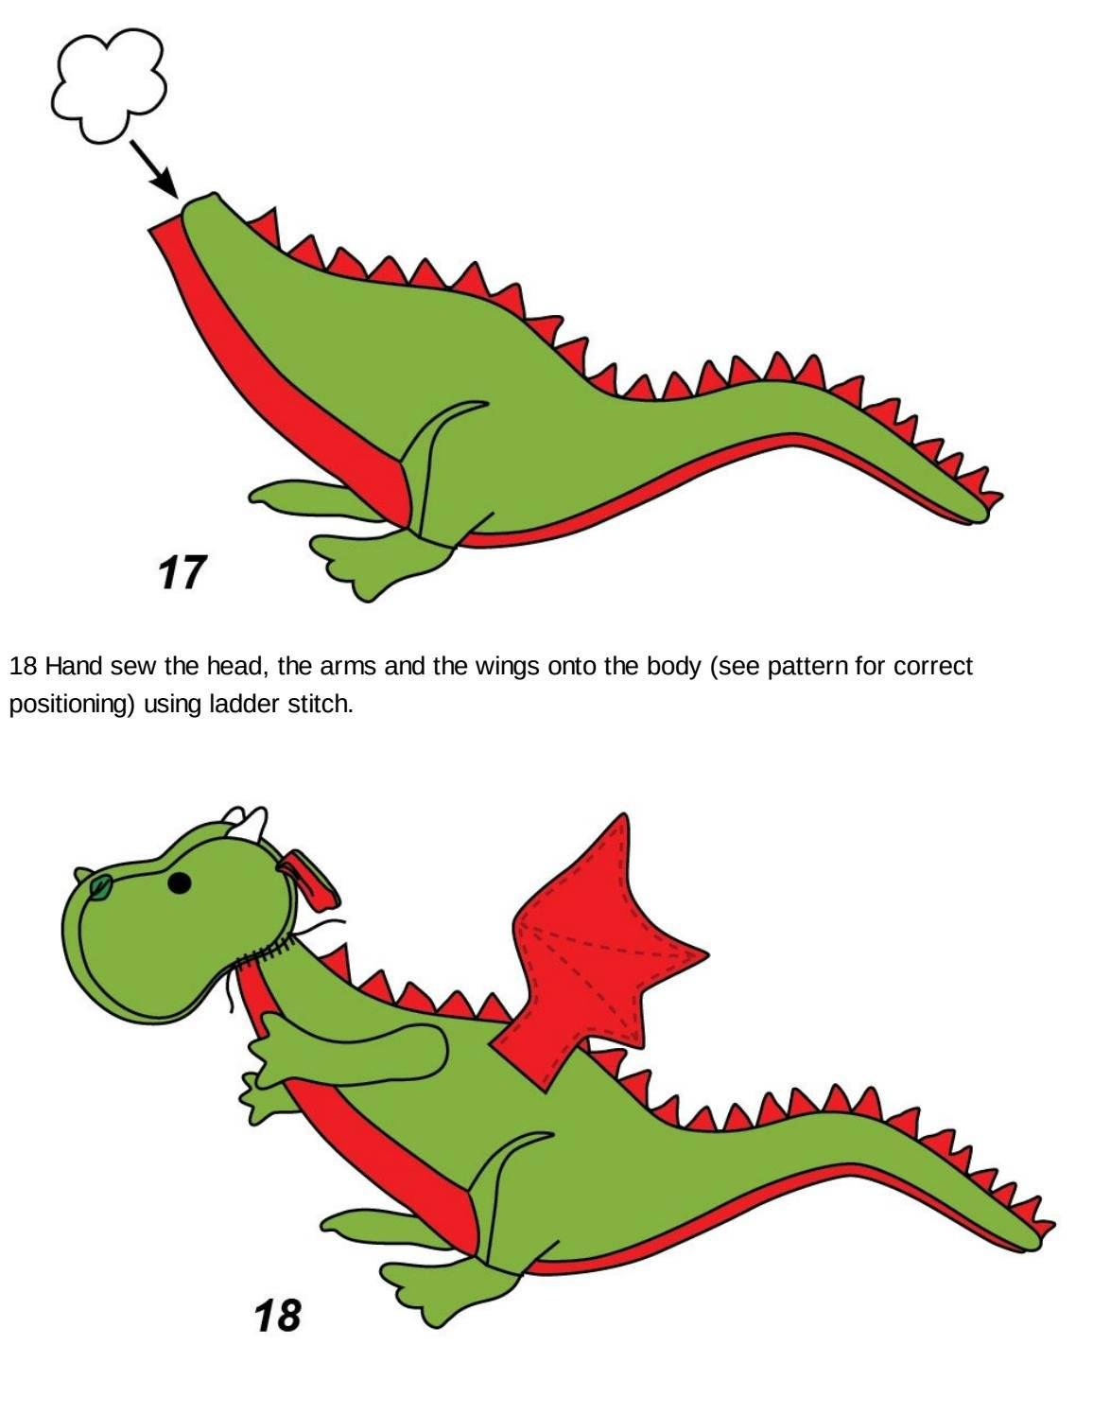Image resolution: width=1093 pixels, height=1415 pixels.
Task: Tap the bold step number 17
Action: (x=182, y=572)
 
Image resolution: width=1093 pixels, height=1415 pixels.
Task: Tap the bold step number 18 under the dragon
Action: (x=278, y=1316)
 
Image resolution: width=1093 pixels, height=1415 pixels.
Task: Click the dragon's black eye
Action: (x=179, y=883)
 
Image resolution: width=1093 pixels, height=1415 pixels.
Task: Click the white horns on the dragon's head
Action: (x=246, y=824)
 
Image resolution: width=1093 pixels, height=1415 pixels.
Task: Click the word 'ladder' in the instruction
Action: (x=246, y=704)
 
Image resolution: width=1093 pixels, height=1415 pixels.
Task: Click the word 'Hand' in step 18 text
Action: (x=74, y=666)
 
